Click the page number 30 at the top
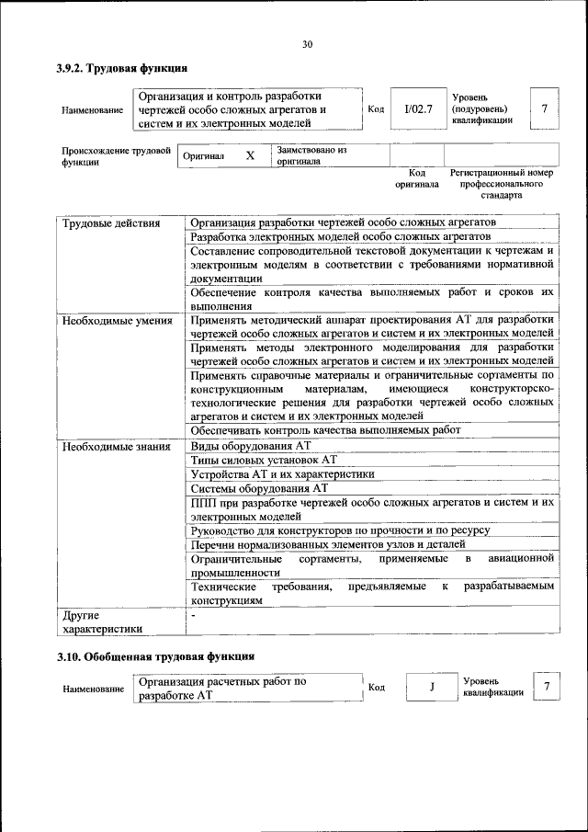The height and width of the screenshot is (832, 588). tap(307, 44)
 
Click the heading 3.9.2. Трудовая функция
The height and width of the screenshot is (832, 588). tap(122, 68)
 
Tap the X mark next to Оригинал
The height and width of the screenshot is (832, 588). tap(249, 156)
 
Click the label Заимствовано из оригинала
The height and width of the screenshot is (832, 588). tap(311, 154)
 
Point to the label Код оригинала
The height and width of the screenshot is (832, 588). tap(416, 178)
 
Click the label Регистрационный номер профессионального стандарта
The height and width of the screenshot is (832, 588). tap(501, 184)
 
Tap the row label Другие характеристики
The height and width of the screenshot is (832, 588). tap(101, 622)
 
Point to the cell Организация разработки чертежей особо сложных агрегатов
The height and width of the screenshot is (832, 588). tap(343, 223)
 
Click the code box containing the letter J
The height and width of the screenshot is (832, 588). tap(430, 688)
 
